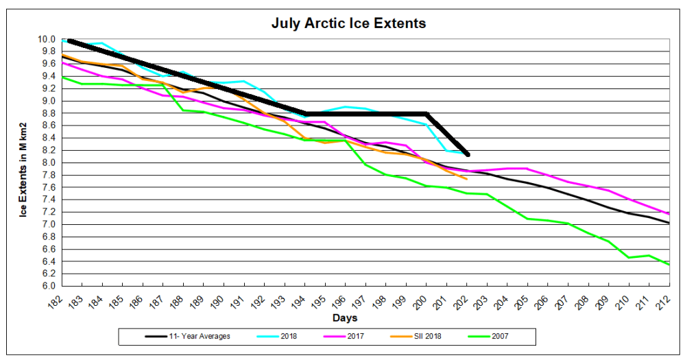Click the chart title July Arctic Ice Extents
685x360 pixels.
[348, 23]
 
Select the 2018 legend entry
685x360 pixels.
[276, 337]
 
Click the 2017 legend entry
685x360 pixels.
[344, 337]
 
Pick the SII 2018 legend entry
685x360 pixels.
[416, 337]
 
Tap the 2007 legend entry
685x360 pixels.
[488, 337]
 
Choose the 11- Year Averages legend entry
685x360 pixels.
[187, 337]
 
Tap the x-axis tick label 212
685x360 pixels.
[664, 301]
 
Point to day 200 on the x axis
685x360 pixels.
[421, 301]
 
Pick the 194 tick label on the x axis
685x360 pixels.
[300, 301]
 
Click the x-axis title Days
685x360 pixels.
[345, 318]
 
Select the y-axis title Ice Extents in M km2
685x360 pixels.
[23, 170]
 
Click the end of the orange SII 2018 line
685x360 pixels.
[467, 179]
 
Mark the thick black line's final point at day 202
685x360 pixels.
[468, 155]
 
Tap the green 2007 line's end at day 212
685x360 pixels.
[669, 264]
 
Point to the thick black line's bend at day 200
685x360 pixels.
[426, 114]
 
